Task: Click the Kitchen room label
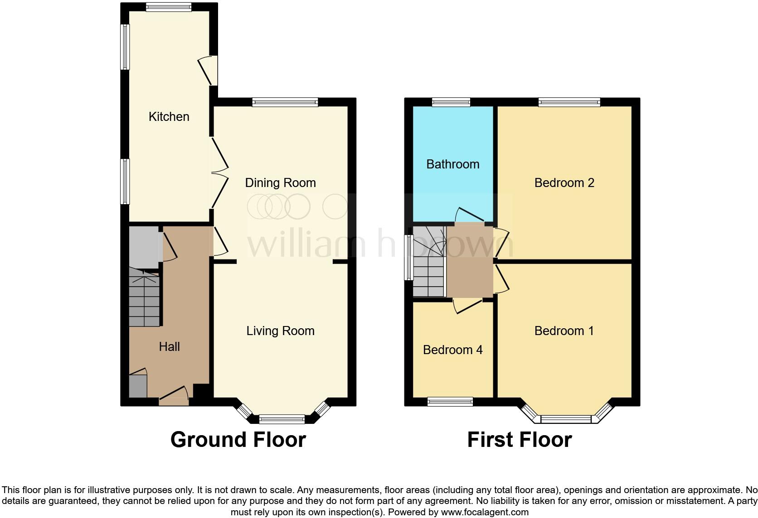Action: (169, 116)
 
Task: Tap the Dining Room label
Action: (280, 182)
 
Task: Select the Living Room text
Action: (280, 331)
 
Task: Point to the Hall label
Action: (169, 346)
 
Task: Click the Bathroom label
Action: (452, 164)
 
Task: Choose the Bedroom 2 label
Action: (564, 182)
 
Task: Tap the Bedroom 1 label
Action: (564, 331)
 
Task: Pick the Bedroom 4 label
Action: (452, 350)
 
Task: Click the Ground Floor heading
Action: (238, 439)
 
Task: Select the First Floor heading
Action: (519, 439)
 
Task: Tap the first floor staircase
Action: (428, 263)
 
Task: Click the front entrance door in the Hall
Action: (174, 396)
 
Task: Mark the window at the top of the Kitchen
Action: (169, 7)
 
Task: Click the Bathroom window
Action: (451, 102)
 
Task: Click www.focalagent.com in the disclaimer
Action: (485, 513)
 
